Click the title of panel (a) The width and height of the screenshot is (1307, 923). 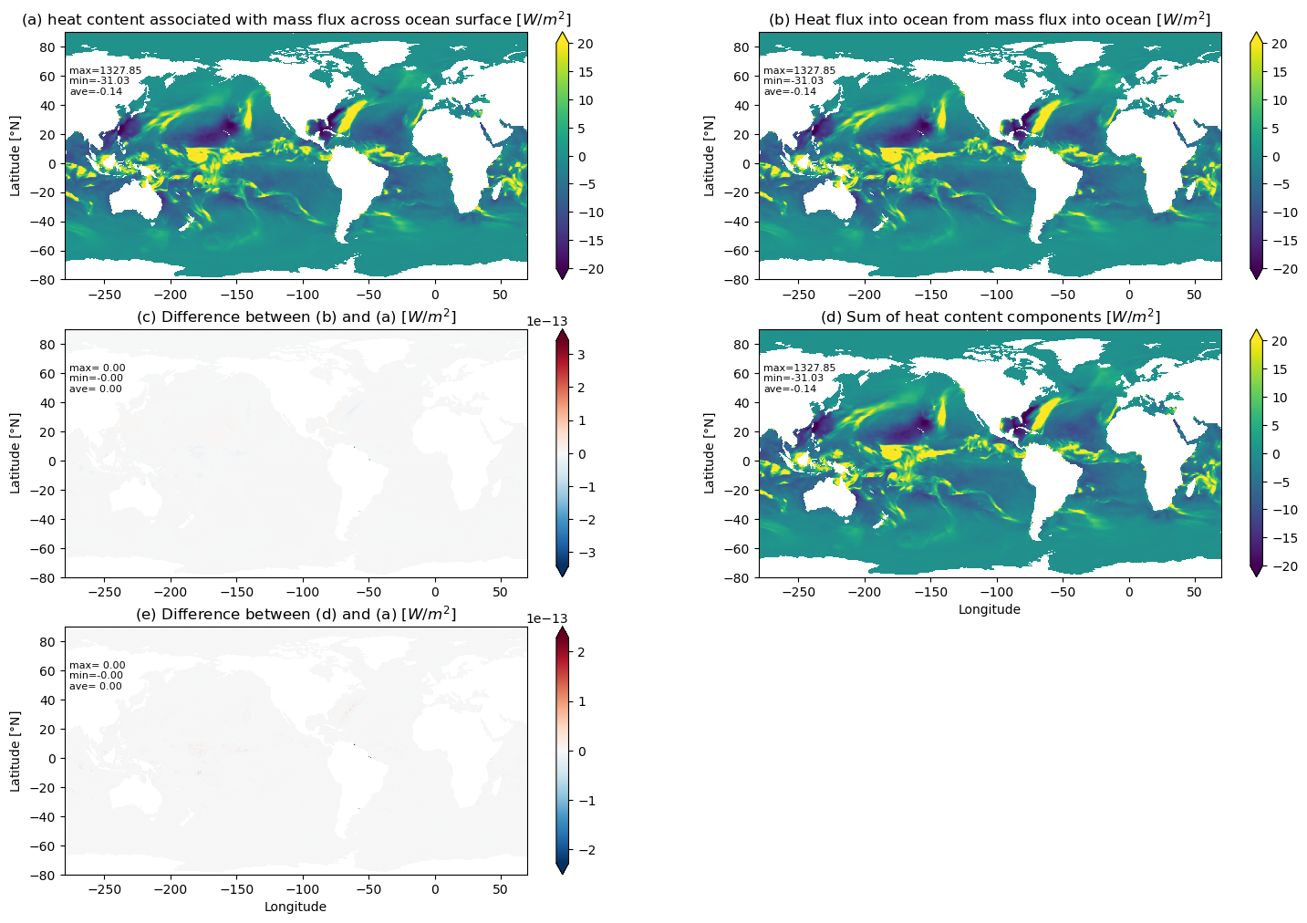point(296,19)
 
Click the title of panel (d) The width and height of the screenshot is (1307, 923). point(991,316)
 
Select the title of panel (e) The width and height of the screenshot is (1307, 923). point(296,615)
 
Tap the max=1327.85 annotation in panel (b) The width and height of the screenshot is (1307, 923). point(799,70)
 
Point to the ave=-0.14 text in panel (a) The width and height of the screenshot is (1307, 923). point(97,91)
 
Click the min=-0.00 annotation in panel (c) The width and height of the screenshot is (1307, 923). point(97,379)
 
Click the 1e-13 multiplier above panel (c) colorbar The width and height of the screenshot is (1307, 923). point(546,321)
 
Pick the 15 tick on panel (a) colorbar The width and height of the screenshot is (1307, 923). point(586,72)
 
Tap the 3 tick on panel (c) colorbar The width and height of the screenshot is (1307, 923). point(581,355)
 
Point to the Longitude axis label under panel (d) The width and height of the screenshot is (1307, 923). point(990,609)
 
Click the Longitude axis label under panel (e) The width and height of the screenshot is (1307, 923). point(296,907)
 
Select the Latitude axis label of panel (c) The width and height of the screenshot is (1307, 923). point(15,453)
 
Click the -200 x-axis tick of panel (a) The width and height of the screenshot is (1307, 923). point(171,295)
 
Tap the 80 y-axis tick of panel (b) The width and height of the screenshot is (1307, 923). point(741,47)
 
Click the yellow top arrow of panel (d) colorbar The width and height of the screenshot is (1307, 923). point(1256,335)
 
